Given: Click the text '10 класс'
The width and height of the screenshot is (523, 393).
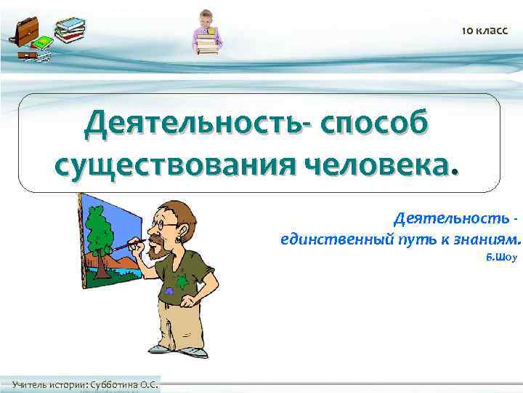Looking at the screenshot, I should (485, 31).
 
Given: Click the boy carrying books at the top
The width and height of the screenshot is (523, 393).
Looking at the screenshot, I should (207, 31).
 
